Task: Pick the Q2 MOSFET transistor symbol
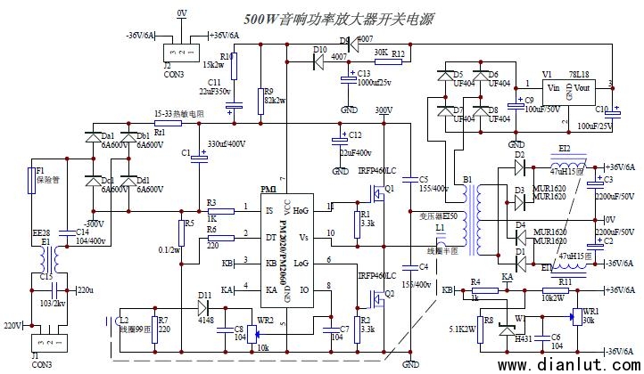385,295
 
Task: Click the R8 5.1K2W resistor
487,325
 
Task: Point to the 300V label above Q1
384,110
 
